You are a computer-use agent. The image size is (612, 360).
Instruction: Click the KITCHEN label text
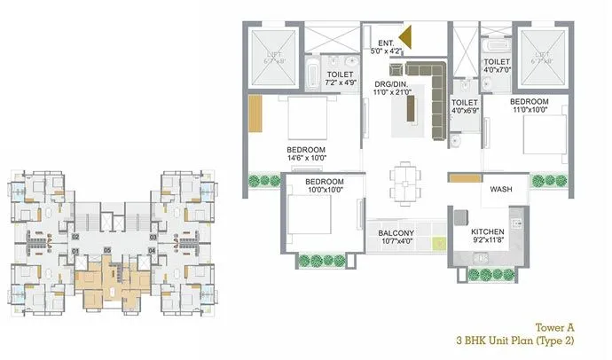pos(488,233)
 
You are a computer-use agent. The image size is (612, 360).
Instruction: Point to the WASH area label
pos(502,190)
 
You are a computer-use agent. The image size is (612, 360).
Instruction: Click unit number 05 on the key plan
pos(108,251)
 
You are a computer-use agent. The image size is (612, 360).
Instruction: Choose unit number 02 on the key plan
pos(76,238)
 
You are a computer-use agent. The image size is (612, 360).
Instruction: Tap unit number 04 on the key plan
pos(153,252)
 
